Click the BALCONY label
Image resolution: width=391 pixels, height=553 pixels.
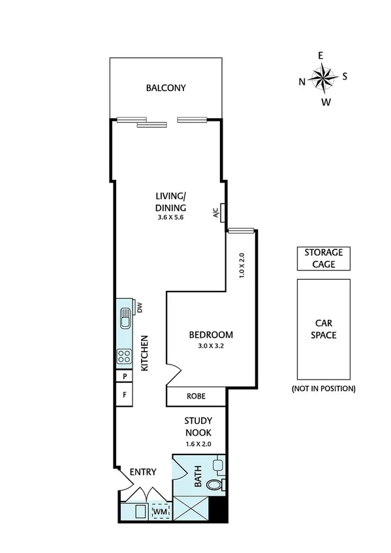(x=166, y=88)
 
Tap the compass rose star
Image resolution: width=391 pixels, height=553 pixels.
(x=322, y=78)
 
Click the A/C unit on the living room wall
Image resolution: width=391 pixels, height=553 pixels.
(x=223, y=213)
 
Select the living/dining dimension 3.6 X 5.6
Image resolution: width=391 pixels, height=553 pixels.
(x=171, y=218)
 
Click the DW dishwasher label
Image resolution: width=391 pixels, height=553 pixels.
(x=139, y=306)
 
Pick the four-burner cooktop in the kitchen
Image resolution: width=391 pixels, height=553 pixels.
(x=124, y=356)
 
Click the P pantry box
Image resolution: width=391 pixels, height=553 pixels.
(x=124, y=377)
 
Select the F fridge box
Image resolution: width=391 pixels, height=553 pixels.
(x=124, y=395)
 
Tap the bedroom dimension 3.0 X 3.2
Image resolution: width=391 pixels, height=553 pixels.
(x=210, y=346)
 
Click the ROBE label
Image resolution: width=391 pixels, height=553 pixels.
(x=196, y=396)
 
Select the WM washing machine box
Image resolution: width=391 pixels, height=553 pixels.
(x=160, y=513)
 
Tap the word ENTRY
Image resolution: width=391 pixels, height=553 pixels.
(x=143, y=471)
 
